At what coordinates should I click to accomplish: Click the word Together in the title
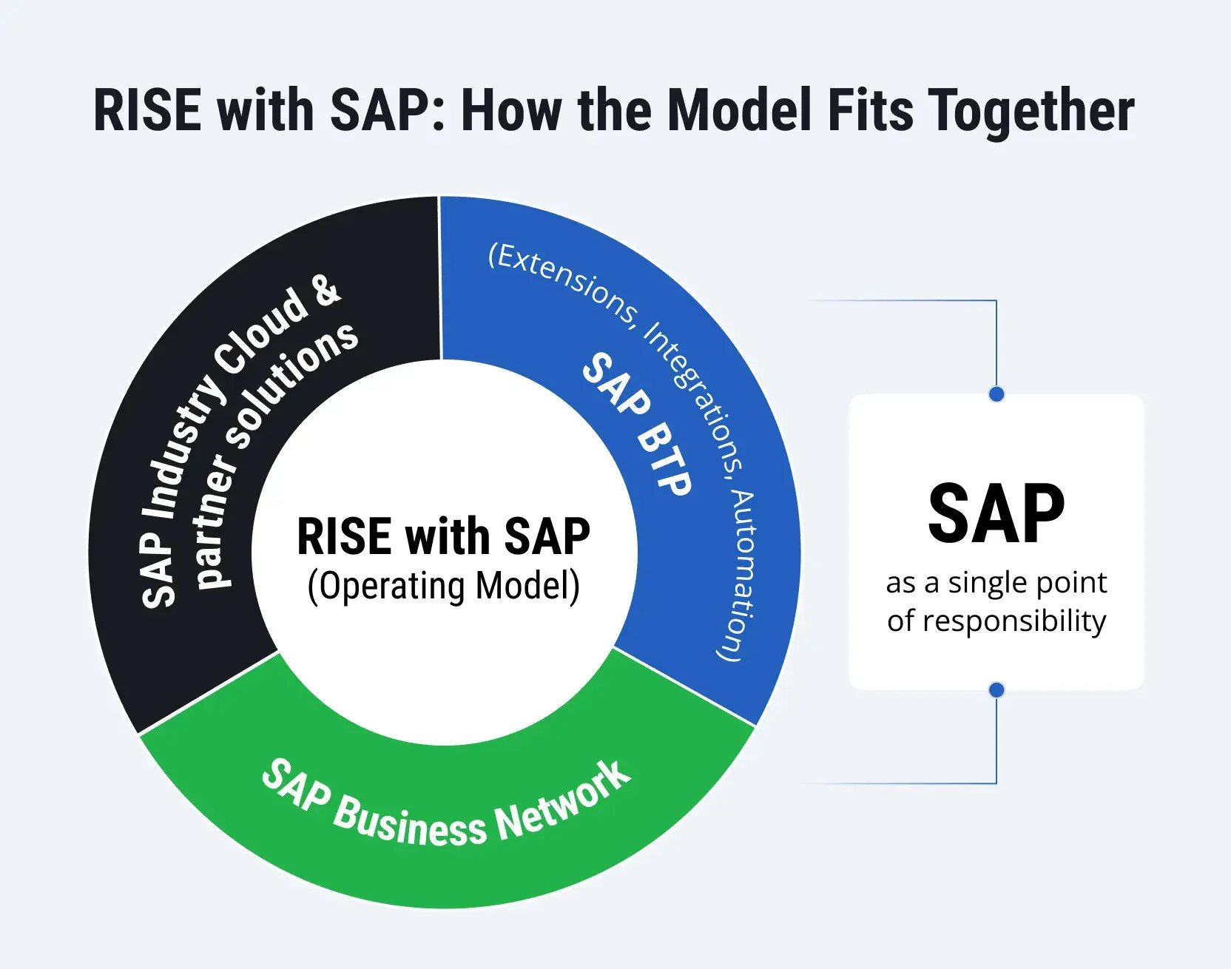(x=1031, y=111)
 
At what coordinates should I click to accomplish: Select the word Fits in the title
(x=871, y=111)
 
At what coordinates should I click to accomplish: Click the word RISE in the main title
(x=147, y=111)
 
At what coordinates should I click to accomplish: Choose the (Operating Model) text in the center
(x=444, y=586)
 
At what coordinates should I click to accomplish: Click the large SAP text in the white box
(x=996, y=514)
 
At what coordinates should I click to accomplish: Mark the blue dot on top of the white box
(x=996, y=394)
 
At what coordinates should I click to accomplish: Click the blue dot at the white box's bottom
(x=996, y=690)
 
